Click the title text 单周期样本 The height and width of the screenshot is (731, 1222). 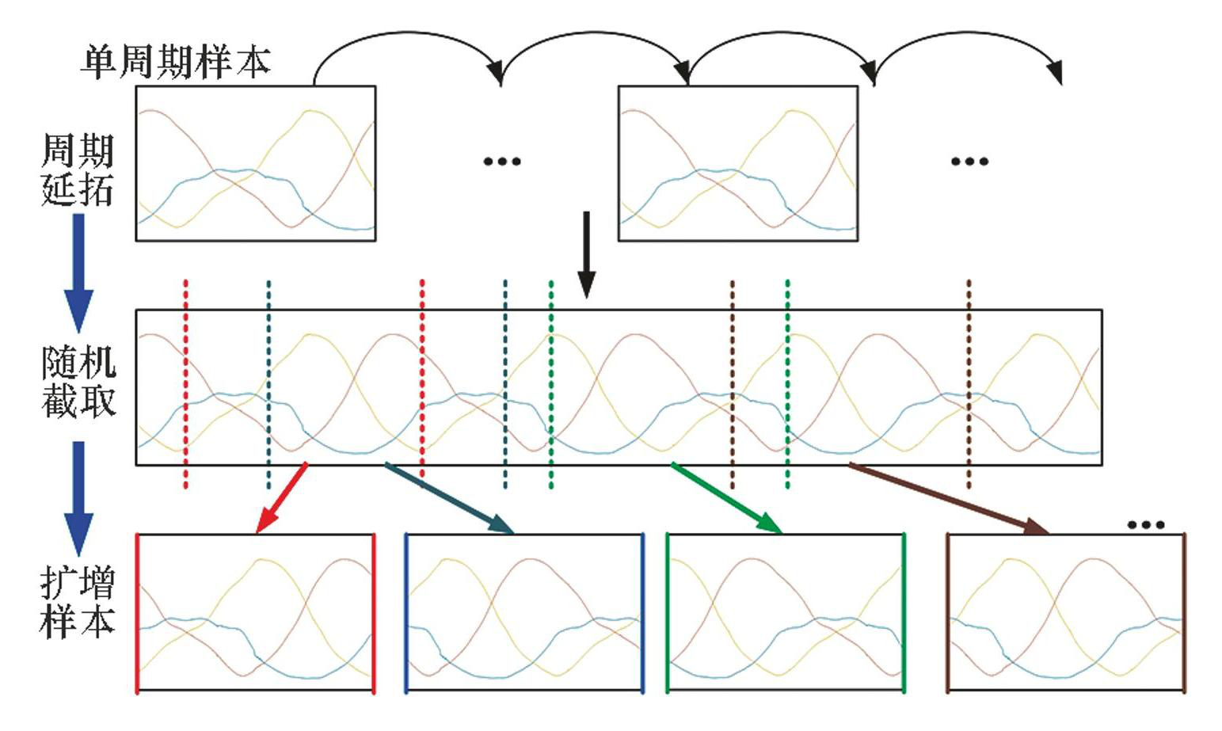click(175, 62)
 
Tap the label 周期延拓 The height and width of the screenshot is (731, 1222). click(77, 170)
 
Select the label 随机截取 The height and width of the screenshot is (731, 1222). click(78, 383)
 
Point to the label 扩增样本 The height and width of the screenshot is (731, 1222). click(78, 603)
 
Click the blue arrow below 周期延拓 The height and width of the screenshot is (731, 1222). click(78, 272)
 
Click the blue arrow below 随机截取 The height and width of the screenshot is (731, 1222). click(78, 497)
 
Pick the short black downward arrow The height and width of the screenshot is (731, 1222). click(586, 253)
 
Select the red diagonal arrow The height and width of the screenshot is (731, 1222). click(281, 498)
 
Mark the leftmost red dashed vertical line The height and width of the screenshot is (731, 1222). click(185, 383)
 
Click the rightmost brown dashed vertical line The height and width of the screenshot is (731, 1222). click(969, 383)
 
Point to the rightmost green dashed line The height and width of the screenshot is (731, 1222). click(787, 383)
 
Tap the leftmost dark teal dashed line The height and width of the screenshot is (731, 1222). click(269, 383)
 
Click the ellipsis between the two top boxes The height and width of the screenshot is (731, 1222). click(502, 162)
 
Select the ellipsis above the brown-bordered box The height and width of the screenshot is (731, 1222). click(1145, 524)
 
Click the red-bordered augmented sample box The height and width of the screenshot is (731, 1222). click(256, 612)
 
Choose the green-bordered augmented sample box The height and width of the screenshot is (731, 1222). click(785, 612)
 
